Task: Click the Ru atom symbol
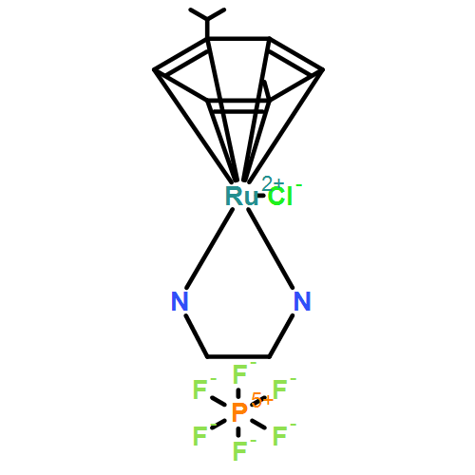pos(241,197)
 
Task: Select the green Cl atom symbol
pos(280,197)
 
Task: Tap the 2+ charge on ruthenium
pos(272,184)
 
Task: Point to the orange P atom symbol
pos(239,412)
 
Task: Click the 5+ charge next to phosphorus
pos(261,400)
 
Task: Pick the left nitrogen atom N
pos(180,301)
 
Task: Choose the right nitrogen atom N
pos(302,301)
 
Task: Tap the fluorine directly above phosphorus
pos(239,374)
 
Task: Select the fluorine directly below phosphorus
pos(239,451)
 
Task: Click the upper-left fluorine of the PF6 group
pos(199,389)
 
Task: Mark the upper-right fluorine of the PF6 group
pos(279,389)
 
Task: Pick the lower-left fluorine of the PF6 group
pos(199,436)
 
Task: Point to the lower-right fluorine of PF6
pos(279,436)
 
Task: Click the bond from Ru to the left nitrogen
pos(209,249)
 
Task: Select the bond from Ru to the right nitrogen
pos(271,249)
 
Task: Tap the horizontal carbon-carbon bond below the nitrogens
pos(238,357)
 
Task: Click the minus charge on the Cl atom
pos(298,185)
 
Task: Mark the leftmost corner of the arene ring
pos(154,70)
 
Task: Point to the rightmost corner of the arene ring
pos(322,70)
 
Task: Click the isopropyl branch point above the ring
pos(207,20)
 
